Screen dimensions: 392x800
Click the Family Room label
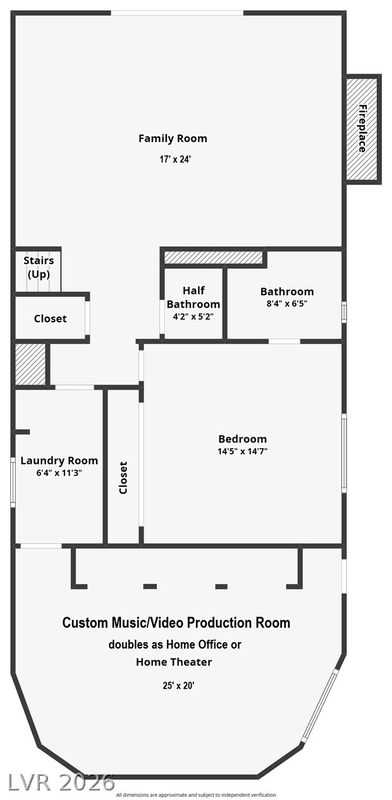(x=173, y=138)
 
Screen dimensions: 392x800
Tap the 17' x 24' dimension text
(x=175, y=159)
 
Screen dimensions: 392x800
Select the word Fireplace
(x=362, y=128)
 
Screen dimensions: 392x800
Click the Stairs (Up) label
(x=39, y=267)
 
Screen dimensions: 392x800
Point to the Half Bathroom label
(x=193, y=297)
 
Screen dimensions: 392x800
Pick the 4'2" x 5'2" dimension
(x=193, y=317)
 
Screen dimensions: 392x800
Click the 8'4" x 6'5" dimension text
(x=287, y=303)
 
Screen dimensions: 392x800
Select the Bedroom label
(x=243, y=439)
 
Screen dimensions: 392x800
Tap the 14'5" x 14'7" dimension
(x=243, y=451)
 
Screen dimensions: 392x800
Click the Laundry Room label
(x=59, y=461)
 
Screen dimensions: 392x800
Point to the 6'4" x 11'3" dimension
(x=59, y=473)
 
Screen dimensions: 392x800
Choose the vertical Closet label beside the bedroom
(x=123, y=478)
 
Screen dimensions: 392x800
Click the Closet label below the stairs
(x=51, y=318)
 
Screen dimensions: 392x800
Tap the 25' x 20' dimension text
(x=178, y=686)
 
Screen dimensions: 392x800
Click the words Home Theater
(x=174, y=662)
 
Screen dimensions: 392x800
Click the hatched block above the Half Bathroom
(x=214, y=257)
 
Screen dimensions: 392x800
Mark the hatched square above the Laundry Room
(x=30, y=364)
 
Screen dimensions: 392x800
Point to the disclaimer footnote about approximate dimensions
(x=196, y=795)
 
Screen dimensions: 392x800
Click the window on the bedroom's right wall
(x=344, y=453)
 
